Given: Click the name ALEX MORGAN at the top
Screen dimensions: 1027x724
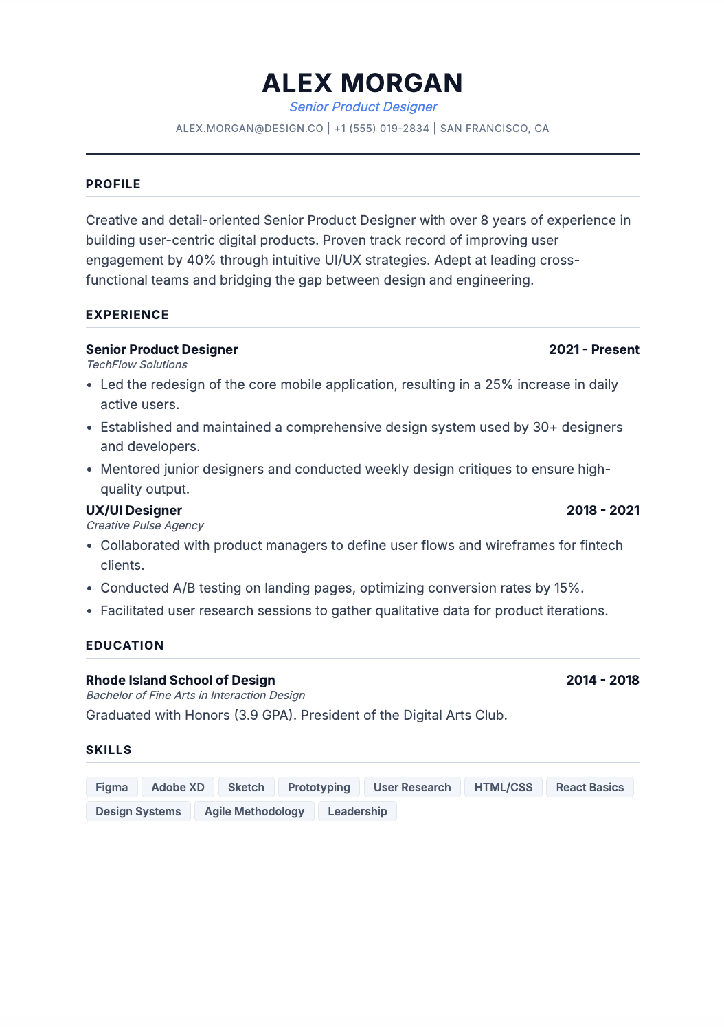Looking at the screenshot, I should point(362,83).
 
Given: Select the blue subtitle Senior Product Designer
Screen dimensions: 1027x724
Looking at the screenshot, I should point(363,107).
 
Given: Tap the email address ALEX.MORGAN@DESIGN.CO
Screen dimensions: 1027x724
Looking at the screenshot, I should point(249,129).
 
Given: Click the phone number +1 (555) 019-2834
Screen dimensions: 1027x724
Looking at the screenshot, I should point(381,129).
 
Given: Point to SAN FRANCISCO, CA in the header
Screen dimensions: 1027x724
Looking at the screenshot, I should point(494,129).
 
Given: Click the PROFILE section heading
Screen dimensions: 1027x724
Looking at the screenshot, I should point(113,184).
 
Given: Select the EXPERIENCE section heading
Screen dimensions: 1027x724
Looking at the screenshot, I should point(127,315).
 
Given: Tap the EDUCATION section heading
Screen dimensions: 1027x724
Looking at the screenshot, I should point(125,645).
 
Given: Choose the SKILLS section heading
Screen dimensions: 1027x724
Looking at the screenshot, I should point(109,750).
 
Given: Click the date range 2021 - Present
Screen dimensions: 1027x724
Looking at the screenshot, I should point(593,350).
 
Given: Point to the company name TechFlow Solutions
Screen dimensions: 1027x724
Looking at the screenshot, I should point(137,365).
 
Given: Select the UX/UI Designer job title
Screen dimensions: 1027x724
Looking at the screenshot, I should point(134,511).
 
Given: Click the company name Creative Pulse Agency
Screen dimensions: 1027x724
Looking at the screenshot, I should point(145,526).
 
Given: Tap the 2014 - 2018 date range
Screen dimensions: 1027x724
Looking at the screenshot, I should point(602,681).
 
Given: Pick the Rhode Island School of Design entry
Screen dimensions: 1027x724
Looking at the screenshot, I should point(180,681).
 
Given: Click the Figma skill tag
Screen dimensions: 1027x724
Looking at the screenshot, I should point(111,788).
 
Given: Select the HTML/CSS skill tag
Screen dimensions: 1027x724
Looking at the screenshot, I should point(503,788).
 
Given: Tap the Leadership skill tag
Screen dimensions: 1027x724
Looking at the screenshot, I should point(357,812).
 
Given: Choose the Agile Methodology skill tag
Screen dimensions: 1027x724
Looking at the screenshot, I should point(254,812).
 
